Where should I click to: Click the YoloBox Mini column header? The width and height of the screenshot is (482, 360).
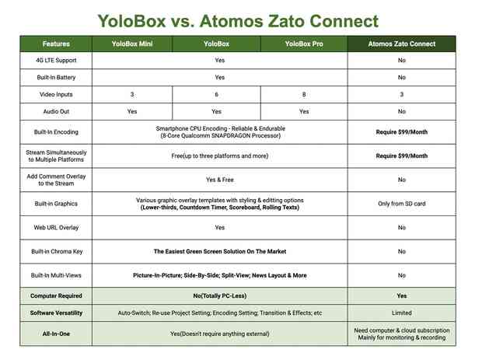click(132, 44)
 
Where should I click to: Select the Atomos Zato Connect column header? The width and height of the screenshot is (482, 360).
click(402, 44)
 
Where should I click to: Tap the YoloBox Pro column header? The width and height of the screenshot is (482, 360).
click(304, 44)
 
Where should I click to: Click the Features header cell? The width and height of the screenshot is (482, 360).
click(56, 44)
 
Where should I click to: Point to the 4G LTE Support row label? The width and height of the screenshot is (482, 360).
click(56, 60)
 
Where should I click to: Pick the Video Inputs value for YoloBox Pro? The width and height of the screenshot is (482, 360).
click(304, 94)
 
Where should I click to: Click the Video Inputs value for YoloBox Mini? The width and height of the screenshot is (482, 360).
click(132, 94)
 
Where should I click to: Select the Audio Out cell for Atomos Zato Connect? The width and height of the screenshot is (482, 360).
click(402, 111)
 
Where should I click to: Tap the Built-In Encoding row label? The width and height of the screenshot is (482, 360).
click(56, 132)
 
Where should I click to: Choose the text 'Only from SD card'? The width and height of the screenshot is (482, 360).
click(402, 204)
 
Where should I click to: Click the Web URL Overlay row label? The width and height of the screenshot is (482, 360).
click(56, 228)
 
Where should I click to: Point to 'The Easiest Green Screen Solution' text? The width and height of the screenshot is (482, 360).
click(200, 251)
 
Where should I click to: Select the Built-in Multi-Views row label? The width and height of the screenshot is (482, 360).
click(56, 275)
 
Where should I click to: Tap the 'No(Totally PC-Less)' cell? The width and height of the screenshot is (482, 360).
click(220, 295)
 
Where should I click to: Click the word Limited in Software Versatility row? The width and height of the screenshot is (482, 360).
click(402, 313)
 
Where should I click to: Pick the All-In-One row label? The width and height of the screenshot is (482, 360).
click(56, 334)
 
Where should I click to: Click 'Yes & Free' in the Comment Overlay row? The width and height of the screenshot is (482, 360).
click(220, 180)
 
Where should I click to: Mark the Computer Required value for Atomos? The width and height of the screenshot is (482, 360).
click(402, 295)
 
